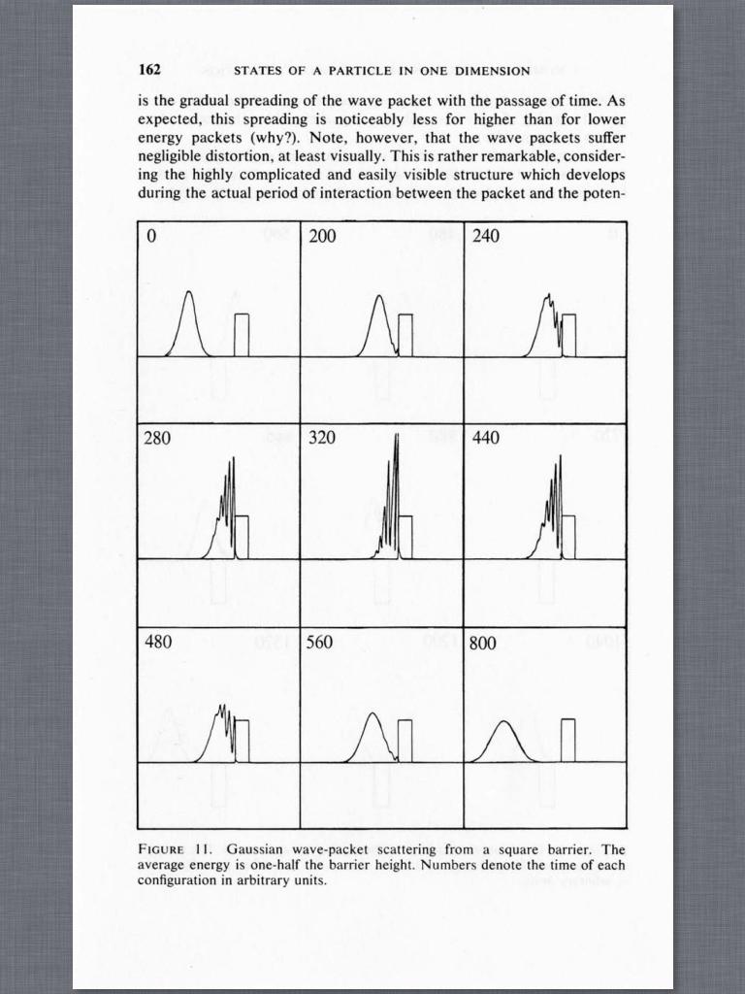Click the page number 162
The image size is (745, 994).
click(149, 70)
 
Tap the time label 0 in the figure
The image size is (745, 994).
click(149, 236)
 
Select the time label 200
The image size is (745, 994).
click(322, 236)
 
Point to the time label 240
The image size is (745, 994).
click(486, 236)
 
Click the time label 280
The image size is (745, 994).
click(158, 438)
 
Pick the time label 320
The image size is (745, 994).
click(322, 438)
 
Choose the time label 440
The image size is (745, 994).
click(486, 438)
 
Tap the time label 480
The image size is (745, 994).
click(158, 642)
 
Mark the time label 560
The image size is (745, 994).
click(322, 642)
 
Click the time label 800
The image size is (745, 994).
click(486, 643)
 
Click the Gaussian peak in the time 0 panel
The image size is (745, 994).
click(189, 293)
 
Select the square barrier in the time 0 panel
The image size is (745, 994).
click(242, 335)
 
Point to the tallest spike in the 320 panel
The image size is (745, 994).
click(397, 437)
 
